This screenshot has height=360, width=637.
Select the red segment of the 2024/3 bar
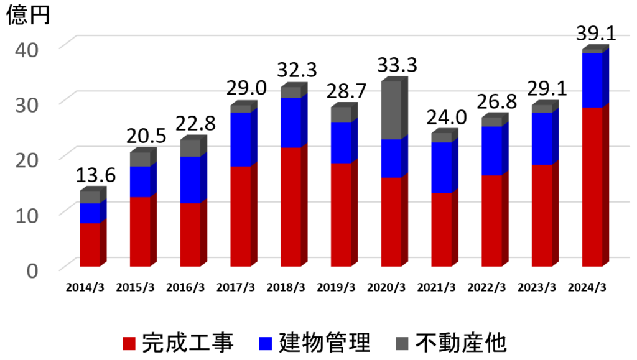click(592, 187)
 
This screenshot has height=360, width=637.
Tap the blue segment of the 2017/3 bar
click(241, 139)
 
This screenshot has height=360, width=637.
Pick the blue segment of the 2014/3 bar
click(90, 213)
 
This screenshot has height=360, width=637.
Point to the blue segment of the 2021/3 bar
click(442, 168)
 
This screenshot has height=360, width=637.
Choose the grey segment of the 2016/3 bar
click(190, 148)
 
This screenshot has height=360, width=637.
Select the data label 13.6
click(95, 175)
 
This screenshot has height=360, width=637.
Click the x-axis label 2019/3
click(337, 287)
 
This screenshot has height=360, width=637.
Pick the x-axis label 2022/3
click(486, 287)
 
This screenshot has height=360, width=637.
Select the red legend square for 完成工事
click(129, 343)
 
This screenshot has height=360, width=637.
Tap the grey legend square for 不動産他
click(403, 343)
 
